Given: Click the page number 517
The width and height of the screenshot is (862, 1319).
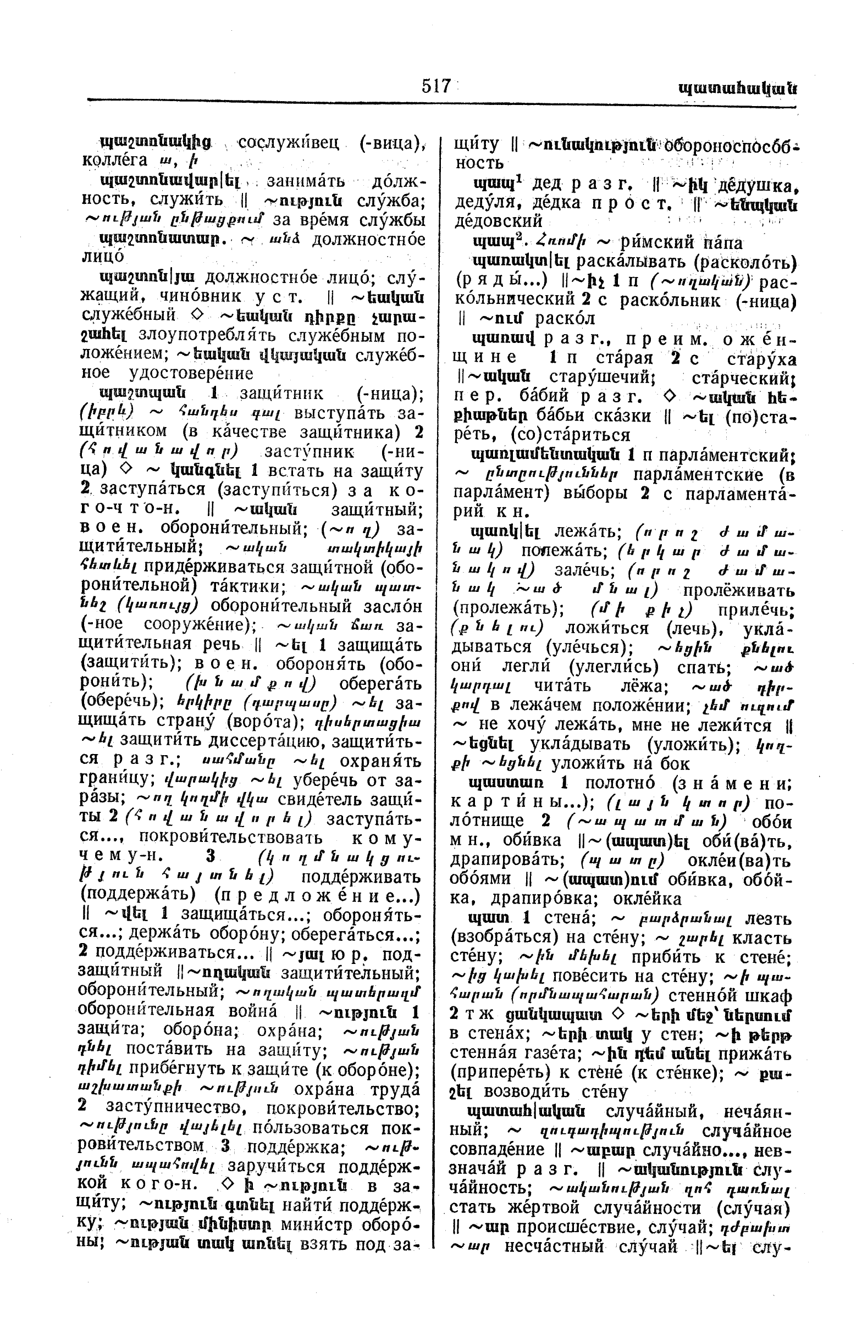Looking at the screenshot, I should pos(436,86).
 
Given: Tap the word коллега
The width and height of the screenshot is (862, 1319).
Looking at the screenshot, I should pos(115,160).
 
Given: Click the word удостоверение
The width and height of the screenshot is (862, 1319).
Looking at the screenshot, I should pos(190,373).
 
